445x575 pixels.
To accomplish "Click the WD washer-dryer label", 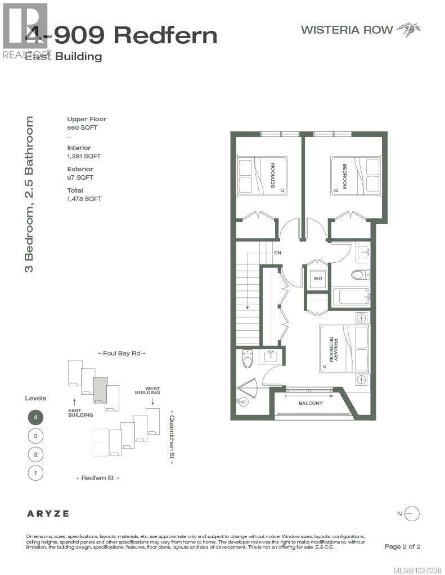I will [318, 279].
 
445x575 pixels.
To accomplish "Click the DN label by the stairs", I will [277, 253].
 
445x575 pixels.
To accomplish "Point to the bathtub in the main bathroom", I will [350, 297].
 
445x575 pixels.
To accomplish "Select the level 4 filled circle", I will [35, 417].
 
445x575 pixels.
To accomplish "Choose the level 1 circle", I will [35, 473].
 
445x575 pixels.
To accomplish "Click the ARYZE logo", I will [48, 513].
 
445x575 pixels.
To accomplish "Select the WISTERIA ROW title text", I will [347, 30].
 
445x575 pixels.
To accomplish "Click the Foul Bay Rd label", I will [122, 353].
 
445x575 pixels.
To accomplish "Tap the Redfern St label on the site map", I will [98, 478].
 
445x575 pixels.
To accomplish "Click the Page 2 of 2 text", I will [402, 546].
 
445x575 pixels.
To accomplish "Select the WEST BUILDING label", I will [152, 390].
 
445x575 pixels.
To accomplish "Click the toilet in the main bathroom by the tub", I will [360, 275].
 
